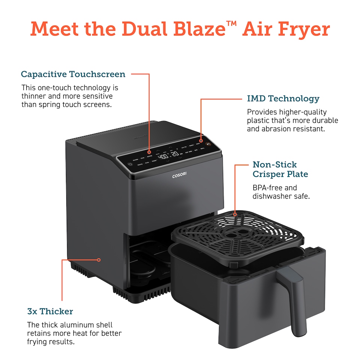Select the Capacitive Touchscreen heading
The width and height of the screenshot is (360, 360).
click(x=73, y=74)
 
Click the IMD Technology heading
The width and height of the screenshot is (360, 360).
click(x=283, y=99)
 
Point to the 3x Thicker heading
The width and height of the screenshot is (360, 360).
click(x=50, y=311)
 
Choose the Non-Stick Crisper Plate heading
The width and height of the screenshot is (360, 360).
click(x=280, y=169)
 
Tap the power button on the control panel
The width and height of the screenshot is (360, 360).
click(x=130, y=164)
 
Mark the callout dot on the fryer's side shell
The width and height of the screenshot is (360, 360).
click(x=99, y=259)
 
